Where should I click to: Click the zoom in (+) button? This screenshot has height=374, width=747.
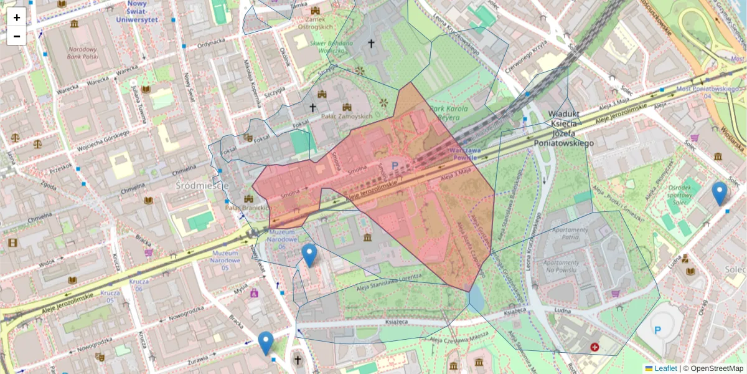tap(17, 17)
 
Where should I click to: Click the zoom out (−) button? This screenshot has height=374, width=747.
tap(17, 36)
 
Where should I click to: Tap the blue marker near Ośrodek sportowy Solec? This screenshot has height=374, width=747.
tap(720, 193)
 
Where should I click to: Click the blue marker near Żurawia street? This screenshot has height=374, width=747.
tap(266, 343)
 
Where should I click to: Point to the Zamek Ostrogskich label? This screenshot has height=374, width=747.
tap(316, 23)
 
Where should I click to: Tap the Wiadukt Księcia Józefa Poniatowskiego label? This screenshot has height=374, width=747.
tap(564, 128)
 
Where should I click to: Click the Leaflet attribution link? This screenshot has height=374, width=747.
tap(665, 368)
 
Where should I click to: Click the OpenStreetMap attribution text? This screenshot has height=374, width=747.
tap(716, 368)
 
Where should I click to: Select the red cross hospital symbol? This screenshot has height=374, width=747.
tap(594, 346)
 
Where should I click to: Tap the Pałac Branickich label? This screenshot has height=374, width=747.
tap(247, 207)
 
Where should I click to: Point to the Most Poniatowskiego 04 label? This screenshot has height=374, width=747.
tap(702, 92)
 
